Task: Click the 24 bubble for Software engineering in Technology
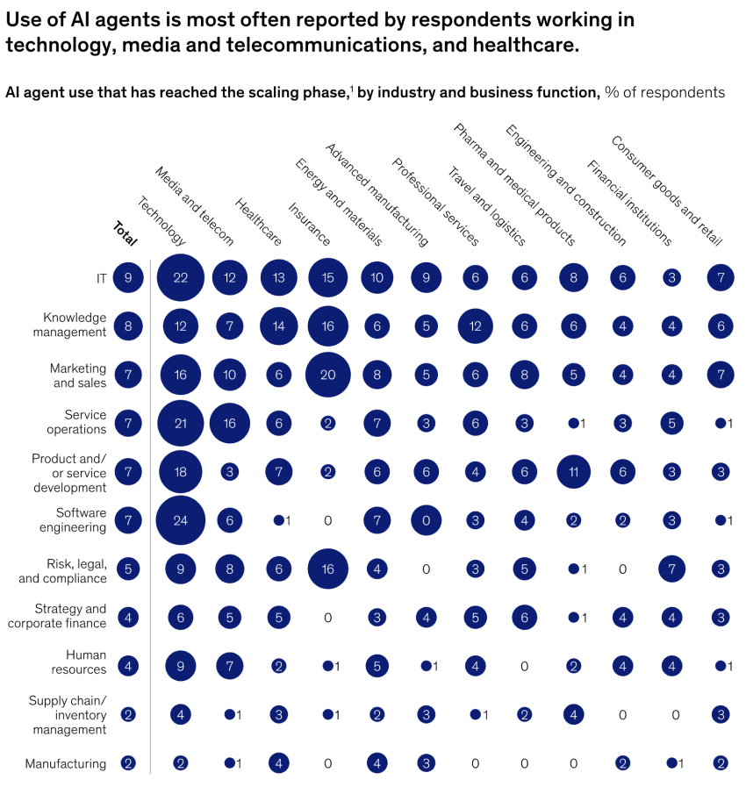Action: pos(181,520)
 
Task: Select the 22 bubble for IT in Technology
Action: pos(181,277)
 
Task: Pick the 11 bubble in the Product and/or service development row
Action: pos(573,471)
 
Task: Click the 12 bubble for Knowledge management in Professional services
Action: pos(475,326)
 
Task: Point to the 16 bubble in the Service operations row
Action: pos(230,424)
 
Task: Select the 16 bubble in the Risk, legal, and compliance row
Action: pos(328,569)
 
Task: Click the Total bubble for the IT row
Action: pos(128,277)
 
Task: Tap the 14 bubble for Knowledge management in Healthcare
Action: pos(279,326)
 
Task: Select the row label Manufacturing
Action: pos(66,763)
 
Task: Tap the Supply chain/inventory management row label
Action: pos(68,714)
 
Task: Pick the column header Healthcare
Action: pos(258,222)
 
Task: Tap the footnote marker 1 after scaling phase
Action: pos(351,88)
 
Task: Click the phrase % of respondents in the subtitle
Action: pos(664,92)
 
